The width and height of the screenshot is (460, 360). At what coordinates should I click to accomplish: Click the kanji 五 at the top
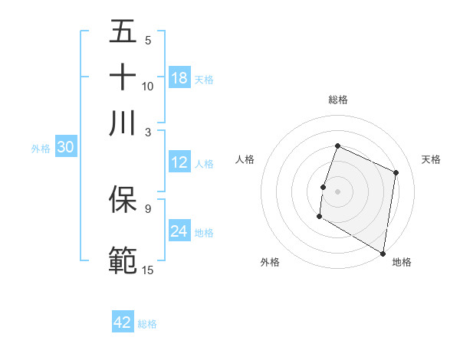click(123, 31)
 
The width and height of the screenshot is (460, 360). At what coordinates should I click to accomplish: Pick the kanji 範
click(123, 259)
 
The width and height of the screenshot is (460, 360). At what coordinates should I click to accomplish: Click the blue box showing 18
click(179, 78)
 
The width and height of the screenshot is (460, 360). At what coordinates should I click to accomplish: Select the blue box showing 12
click(179, 162)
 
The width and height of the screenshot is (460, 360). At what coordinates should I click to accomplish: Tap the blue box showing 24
click(179, 231)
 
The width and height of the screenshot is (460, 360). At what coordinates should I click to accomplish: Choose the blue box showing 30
click(65, 148)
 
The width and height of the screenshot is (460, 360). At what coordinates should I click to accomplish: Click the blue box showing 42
click(123, 322)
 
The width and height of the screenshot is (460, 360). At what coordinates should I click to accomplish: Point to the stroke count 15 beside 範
click(148, 269)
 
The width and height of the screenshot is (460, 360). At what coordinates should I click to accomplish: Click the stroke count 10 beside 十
click(148, 86)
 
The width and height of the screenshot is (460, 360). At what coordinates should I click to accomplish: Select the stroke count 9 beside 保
click(148, 208)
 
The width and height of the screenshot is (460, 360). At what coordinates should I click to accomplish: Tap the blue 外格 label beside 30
click(40, 149)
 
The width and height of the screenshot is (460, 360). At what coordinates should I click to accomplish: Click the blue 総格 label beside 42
click(147, 324)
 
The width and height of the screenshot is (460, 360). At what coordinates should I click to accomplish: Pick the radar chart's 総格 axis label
click(337, 100)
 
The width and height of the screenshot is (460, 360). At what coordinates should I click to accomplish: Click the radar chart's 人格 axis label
click(245, 159)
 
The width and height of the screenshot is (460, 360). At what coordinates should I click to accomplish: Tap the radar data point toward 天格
click(396, 172)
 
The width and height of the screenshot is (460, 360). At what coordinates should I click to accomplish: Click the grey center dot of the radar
click(337, 190)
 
